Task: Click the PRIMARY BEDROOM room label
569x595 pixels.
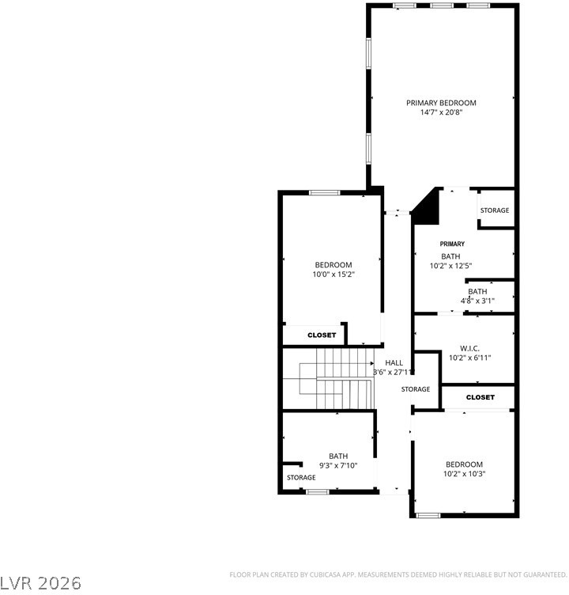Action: click(x=441, y=103)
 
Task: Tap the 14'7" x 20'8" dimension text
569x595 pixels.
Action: click(x=441, y=112)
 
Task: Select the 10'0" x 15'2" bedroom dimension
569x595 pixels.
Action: click(x=333, y=275)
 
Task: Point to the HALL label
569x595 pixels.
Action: click(x=394, y=362)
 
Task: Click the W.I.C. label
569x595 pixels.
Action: click(x=469, y=348)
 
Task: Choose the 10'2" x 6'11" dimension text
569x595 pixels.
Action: click(x=470, y=358)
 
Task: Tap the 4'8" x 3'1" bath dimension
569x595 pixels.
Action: click(x=477, y=301)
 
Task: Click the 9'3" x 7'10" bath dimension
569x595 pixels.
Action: click(x=338, y=465)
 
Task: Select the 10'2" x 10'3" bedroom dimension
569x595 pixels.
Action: click(x=465, y=474)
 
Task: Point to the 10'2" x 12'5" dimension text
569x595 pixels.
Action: click(x=450, y=266)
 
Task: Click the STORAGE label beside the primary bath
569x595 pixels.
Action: click(x=495, y=210)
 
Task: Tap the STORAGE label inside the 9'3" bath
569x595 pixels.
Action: click(x=301, y=477)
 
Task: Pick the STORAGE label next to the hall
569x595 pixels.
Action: click(x=416, y=389)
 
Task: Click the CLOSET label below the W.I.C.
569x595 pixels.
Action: click(x=480, y=397)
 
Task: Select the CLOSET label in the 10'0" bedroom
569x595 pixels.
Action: click(x=322, y=335)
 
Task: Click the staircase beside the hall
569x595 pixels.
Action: click(x=329, y=378)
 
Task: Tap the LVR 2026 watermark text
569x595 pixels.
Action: click(x=40, y=583)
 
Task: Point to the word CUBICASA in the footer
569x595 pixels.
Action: click(x=325, y=575)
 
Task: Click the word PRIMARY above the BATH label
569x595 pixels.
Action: click(x=452, y=244)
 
